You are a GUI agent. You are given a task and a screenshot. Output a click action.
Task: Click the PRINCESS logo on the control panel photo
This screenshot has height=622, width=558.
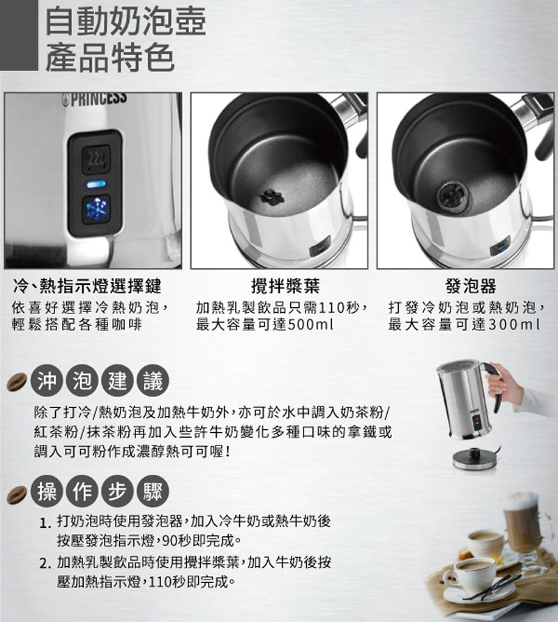click(95, 99)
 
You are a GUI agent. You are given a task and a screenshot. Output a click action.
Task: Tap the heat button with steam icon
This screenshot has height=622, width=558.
click(96, 159)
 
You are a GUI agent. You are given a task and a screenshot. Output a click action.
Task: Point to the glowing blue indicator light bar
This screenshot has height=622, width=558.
click(96, 184)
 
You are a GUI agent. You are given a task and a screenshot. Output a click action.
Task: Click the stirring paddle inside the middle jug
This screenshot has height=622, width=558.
click(272, 196)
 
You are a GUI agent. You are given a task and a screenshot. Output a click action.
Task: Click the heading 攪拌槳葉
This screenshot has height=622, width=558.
click(285, 286)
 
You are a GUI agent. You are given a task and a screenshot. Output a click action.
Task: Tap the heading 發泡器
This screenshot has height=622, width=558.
click(470, 286)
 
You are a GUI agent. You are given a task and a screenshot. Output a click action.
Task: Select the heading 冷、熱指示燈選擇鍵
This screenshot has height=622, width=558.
click(87, 286)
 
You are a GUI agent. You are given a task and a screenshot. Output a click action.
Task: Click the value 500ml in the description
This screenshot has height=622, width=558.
click(310, 325)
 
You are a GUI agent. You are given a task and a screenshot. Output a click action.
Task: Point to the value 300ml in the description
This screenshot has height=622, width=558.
click(514, 325)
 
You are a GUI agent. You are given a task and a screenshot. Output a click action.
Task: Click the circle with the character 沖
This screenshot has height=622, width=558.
click(47, 380)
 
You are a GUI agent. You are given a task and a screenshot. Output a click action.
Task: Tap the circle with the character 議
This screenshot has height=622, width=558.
click(153, 380)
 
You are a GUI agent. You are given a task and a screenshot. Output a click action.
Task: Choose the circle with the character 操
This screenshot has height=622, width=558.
click(47, 492)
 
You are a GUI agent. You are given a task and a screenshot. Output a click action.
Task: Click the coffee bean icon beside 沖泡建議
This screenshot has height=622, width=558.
click(17, 382)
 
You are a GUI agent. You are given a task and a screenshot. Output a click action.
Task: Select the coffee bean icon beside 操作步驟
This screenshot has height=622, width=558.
click(17, 495)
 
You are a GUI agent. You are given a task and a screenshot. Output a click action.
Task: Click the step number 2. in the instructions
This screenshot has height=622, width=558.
click(45, 563)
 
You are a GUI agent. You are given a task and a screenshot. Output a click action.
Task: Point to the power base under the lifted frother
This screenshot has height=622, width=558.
click(473, 459)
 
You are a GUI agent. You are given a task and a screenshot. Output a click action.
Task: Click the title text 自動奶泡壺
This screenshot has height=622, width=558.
click(126, 21)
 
